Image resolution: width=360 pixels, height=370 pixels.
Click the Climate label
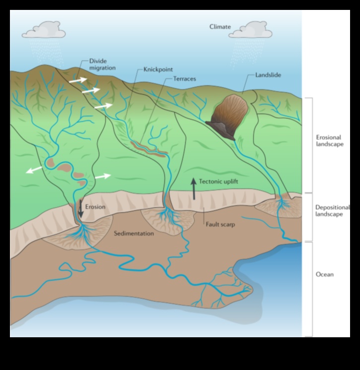(x=220, y=27)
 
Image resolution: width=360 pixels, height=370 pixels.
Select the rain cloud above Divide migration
(x=44, y=30)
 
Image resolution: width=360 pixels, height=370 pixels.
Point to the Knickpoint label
(x=158, y=69)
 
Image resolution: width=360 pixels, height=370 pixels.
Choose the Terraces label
(x=185, y=79)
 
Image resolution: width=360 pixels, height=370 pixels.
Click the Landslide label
(x=268, y=75)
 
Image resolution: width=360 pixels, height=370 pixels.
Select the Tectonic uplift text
(x=218, y=182)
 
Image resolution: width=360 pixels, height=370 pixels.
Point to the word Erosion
(x=95, y=207)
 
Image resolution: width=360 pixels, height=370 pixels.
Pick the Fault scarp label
(x=220, y=224)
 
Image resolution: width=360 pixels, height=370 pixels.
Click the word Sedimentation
(x=134, y=234)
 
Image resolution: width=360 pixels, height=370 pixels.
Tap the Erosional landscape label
(x=330, y=141)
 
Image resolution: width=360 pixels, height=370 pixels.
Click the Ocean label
(x=325, y=274)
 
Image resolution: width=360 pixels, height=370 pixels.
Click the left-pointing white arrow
(x=34, y=170)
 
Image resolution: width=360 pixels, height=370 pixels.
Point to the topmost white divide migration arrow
(x=77, y=79)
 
